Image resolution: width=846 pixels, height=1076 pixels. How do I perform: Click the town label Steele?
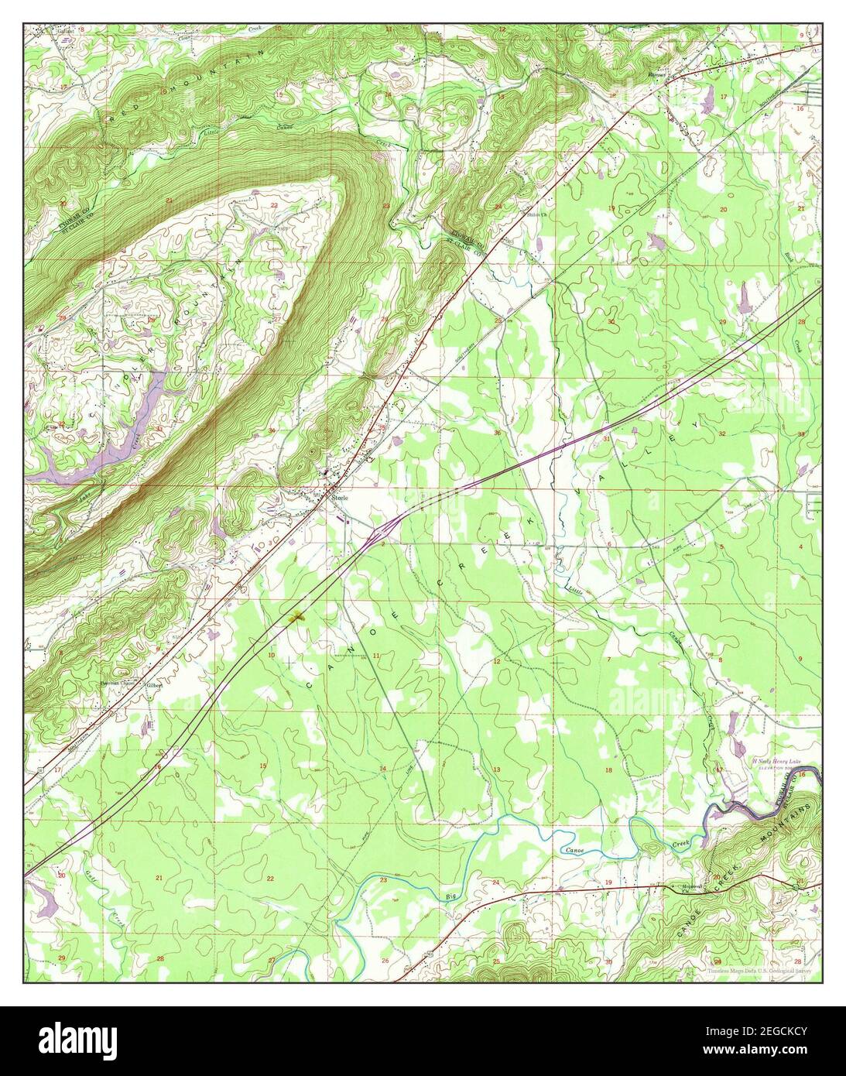[341, 499]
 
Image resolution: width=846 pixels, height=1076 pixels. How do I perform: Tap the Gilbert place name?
[154, 685]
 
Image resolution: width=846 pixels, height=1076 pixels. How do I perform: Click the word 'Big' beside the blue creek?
[451, 896]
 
